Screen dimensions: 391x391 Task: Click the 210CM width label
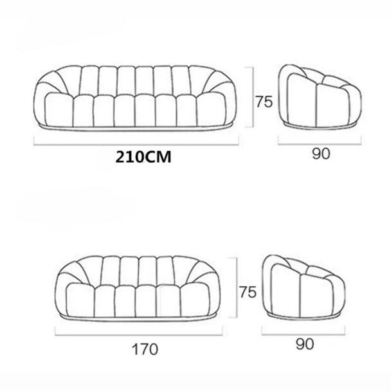[143, 158]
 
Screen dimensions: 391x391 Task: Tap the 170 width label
[145, 349]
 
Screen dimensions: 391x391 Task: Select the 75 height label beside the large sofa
[264, 102]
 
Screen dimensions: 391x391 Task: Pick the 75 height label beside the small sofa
[248, 292]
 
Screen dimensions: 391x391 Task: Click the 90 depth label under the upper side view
[321, 154]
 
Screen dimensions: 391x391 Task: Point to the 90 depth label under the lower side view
[305, 344]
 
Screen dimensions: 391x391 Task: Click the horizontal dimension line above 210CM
[136, 144]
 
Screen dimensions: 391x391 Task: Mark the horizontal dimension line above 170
[139, 334]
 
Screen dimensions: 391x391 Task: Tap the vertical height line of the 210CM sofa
[253, 97]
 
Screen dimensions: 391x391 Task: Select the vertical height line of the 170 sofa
[236, 287]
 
